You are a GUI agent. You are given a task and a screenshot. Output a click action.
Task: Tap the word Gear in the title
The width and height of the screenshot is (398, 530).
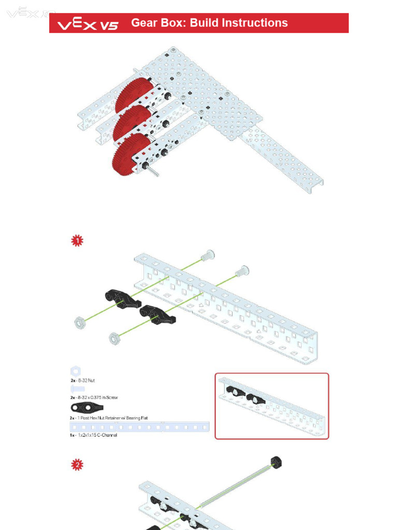[143, 23]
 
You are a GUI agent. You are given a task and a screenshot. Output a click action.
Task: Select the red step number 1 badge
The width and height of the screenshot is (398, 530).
[77, 241]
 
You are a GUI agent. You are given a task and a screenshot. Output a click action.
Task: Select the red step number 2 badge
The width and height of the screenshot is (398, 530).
[77, 465]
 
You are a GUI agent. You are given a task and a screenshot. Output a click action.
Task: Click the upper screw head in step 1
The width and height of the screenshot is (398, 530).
[208, 255]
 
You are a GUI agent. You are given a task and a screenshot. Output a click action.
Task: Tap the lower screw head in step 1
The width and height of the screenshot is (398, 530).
[242, 270]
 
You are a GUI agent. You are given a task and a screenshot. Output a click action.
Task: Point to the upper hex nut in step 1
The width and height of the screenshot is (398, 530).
[80, 323]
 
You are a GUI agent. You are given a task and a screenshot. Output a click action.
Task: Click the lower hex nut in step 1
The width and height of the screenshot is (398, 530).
[115, 338]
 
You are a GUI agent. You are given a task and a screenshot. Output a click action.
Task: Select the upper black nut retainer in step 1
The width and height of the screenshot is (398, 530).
[122, 299]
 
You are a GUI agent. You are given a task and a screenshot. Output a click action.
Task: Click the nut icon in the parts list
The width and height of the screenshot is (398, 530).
[76, 371]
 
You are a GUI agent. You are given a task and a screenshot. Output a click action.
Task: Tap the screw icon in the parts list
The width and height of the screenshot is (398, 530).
[77, 388]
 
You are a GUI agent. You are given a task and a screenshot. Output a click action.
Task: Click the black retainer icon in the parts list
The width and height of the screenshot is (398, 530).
[87, 407]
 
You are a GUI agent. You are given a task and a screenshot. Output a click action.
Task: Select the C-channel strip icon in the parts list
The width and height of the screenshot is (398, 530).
[139, 427]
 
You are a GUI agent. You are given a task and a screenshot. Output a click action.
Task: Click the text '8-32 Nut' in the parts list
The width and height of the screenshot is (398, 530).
[86, 380]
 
